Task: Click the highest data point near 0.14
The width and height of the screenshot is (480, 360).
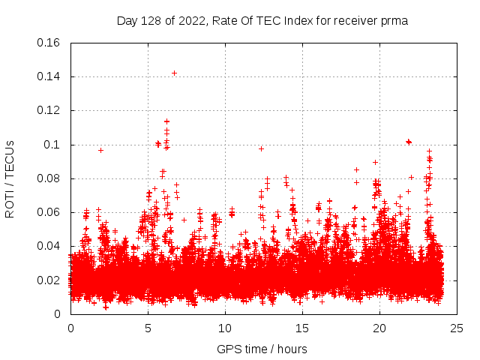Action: click(x=174, y=73)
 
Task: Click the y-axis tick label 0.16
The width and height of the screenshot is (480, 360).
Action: click(x=49, y=43)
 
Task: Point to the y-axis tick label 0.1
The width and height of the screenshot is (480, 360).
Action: click(x=54, y=145)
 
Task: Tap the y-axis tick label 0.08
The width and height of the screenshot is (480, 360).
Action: click(x=49, y=178)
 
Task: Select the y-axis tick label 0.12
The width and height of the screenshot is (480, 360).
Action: click(x=49, y=110)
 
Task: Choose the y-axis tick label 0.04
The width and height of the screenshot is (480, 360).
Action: click(x=49, y=246)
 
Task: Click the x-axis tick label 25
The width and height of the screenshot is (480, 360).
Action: click(x=457, y=328)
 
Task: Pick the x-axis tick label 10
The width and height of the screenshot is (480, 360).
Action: click(x=225, y=328)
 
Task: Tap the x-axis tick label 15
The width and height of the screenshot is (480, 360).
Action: click(x=302, y=328)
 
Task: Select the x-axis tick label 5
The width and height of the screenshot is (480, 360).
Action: click(x=148, y=328)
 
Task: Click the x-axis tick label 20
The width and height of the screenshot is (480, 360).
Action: click(x=379, y=328)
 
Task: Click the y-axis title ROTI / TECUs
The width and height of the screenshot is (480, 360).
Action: click(x=10, y=178)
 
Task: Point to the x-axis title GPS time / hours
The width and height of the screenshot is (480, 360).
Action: click(x=262, y=349)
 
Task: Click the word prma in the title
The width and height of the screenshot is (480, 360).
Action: click(x=394, y=20)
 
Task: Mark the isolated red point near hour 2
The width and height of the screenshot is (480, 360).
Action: click(x=100, y=150)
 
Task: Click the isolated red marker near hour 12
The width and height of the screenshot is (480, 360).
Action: click(x=261, y=148)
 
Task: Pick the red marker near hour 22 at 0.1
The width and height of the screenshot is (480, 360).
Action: click(x=409, y=141)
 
